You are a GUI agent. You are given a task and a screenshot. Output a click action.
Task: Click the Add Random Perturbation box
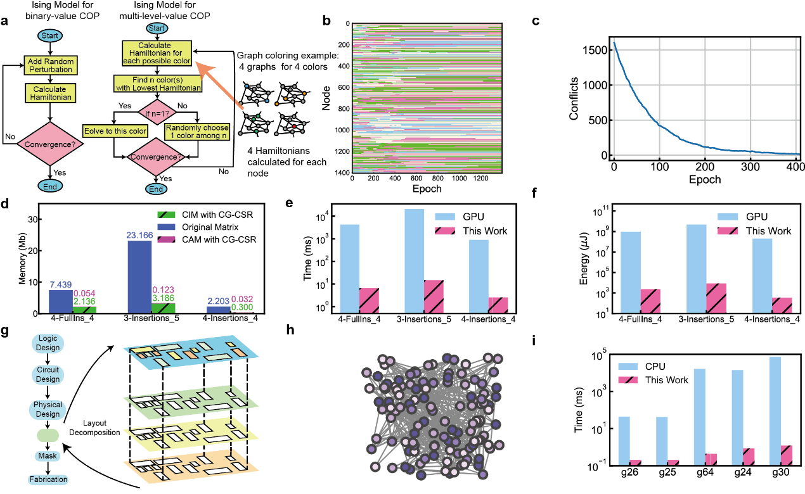(x=51, y=65)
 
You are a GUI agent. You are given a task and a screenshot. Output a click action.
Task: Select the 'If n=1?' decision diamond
(x=157, y=114)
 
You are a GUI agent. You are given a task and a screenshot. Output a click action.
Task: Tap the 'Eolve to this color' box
(x=115, y=131)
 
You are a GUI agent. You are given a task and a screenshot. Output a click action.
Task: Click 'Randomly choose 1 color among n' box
(x=197, y=132)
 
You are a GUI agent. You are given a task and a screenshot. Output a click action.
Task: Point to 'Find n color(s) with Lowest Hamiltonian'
(x=158, y=84)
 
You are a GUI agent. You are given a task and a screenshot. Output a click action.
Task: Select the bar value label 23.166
(x=139, y=235)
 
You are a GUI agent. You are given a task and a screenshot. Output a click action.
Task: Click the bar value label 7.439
(x=61, y=284)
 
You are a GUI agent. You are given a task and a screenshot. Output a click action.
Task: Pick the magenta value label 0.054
(x=84, y=293)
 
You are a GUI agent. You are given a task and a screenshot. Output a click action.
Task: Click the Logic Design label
(x=48, y=343)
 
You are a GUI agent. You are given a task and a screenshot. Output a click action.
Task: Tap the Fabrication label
(x=48, y=479)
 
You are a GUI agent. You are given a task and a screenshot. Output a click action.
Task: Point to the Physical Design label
(x=48, y=409)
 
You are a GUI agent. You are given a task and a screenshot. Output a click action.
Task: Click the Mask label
(x=48, y=456)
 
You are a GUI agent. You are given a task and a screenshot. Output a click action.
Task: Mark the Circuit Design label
(x=48, y=375)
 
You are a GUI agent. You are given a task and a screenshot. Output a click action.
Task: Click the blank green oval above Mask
(x=48, y=436)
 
